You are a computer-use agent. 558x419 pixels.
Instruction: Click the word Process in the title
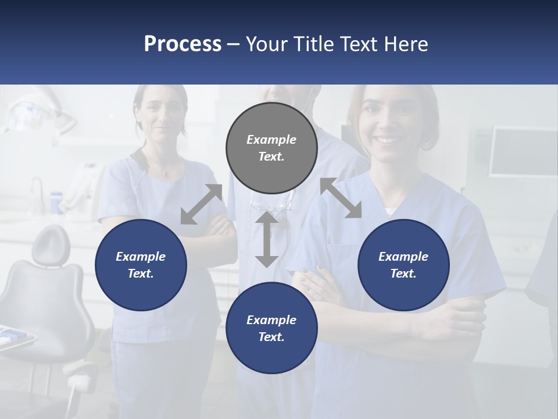tap(183, 44)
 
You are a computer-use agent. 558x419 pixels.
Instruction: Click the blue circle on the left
tap(141, 265)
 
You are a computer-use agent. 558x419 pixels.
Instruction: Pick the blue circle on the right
tap(403, 265)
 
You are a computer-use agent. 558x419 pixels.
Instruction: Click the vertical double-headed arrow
tap(267, 239)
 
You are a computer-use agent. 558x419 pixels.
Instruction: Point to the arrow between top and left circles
tap(201, 204)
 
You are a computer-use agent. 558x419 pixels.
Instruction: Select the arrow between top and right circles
tap(341, 198)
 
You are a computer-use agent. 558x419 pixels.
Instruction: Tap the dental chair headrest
tap(51, 244)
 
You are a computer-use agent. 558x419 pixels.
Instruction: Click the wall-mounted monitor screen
tap(523, 151)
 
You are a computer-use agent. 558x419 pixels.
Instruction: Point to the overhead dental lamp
tap(35, 113)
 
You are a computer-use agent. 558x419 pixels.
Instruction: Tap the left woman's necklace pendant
tap(165, 173)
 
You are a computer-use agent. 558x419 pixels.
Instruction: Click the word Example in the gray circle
tap(271, 140)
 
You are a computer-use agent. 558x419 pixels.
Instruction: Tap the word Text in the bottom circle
tap(270, 337)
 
